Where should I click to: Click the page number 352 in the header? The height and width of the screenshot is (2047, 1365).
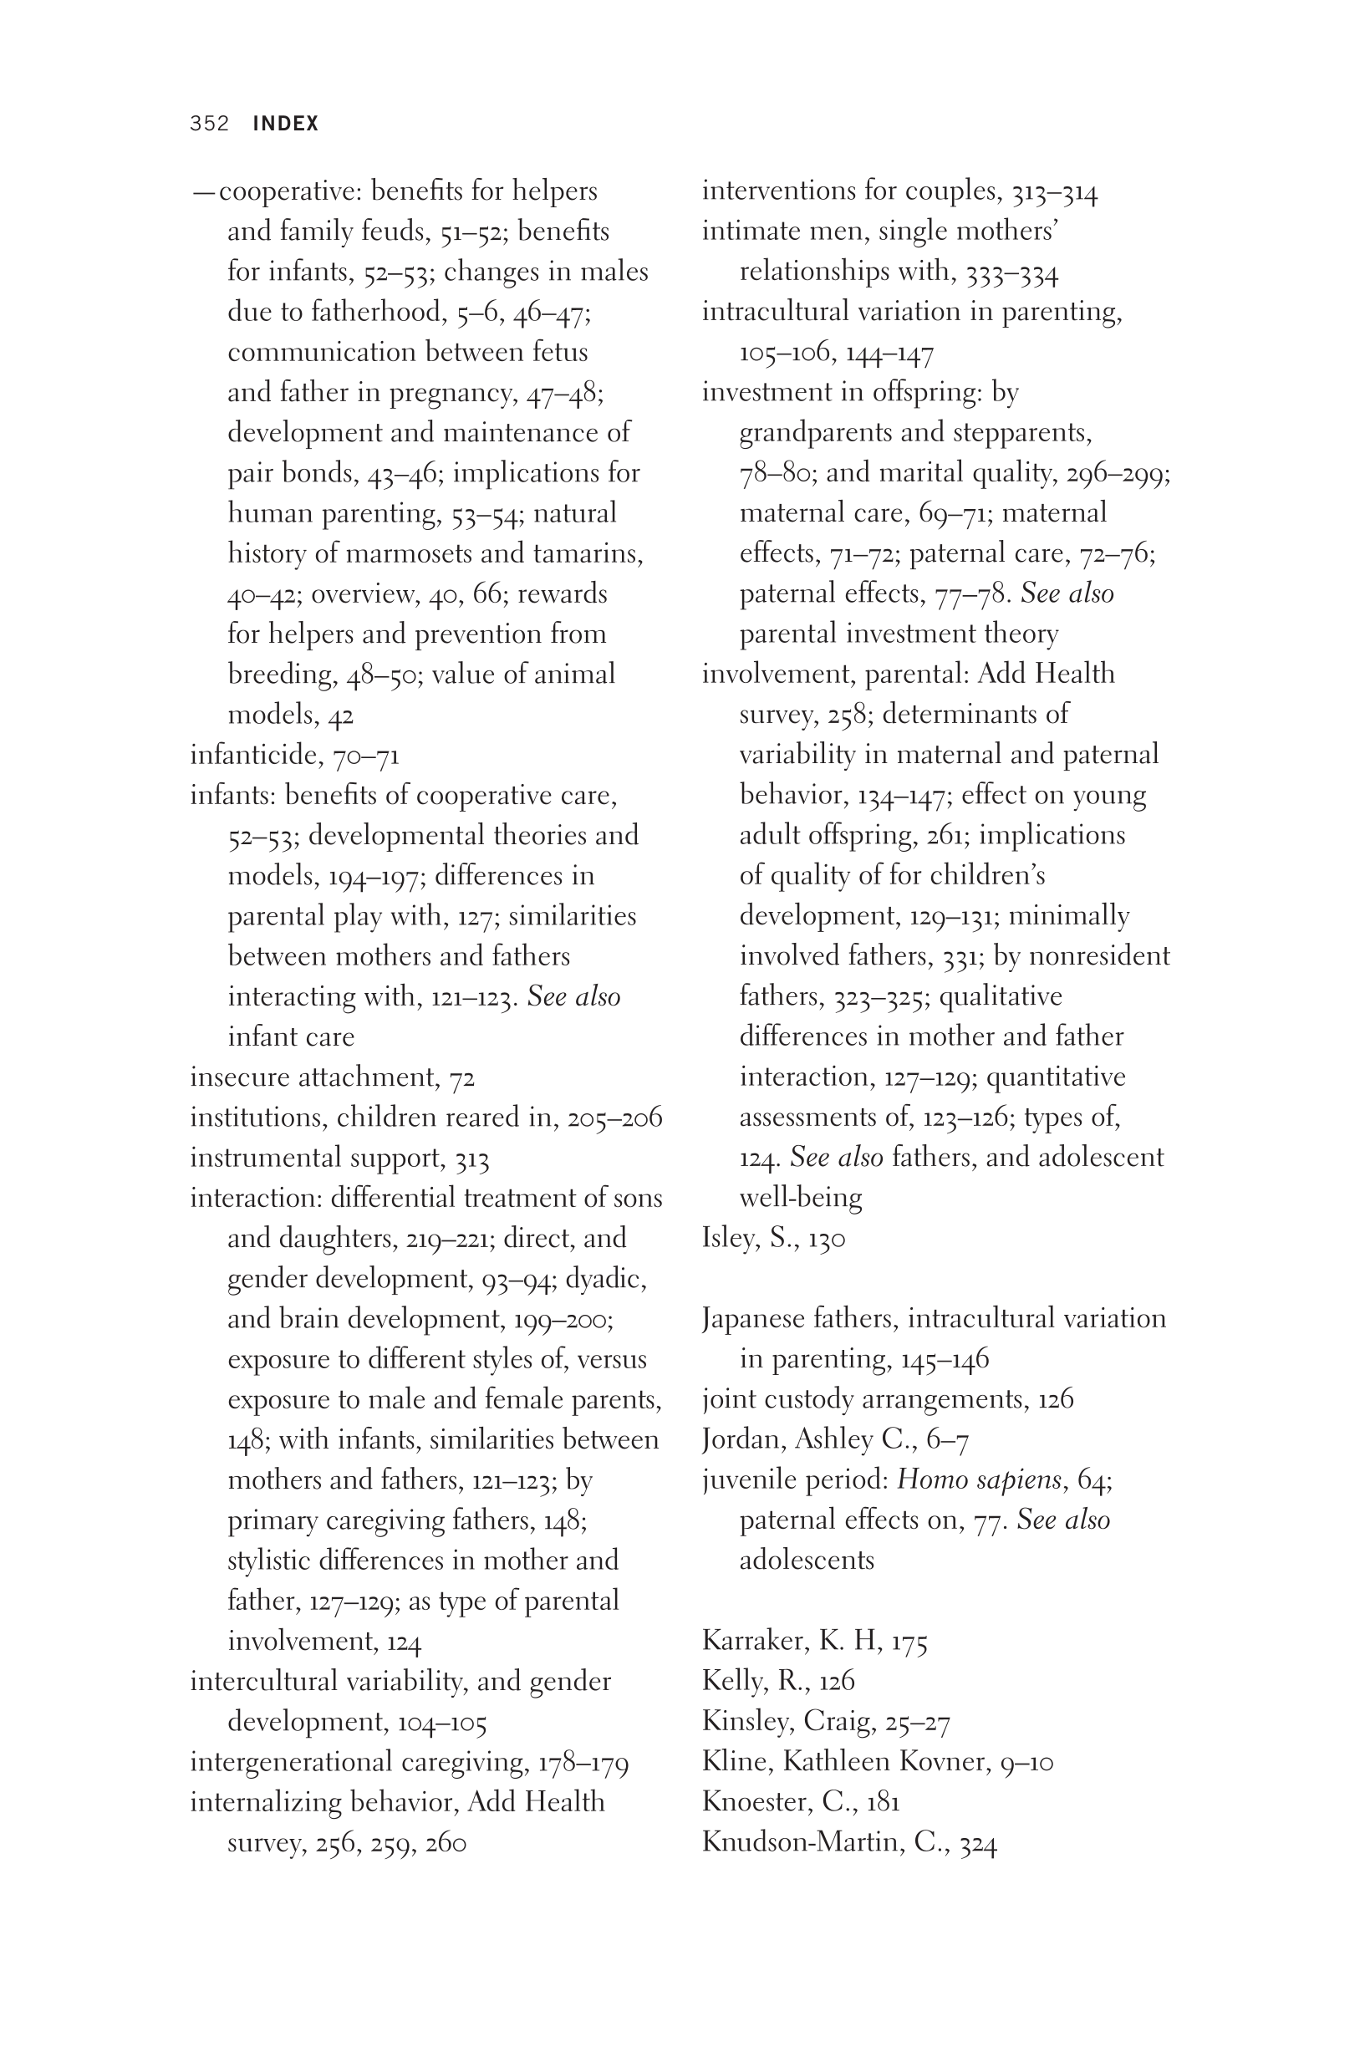(x=209, y=124)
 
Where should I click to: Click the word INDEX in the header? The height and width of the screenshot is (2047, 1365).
(x=286, y=124)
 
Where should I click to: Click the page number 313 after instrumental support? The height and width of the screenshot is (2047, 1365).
(x=471, y=1158)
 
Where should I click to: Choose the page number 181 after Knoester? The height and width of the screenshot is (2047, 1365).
(x=882, y=1801)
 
